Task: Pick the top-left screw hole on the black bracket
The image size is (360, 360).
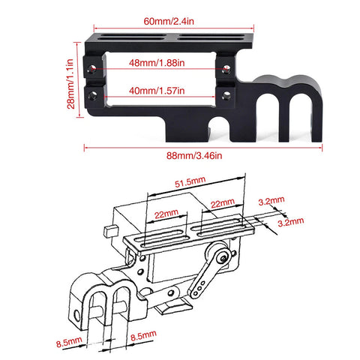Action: click(x=92, y=68)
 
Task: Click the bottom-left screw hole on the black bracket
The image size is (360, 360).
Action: click(x=92, y=94)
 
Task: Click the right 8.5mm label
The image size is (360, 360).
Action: click(x=144, y=338)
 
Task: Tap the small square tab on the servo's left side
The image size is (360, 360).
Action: click(x=110, y=227)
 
